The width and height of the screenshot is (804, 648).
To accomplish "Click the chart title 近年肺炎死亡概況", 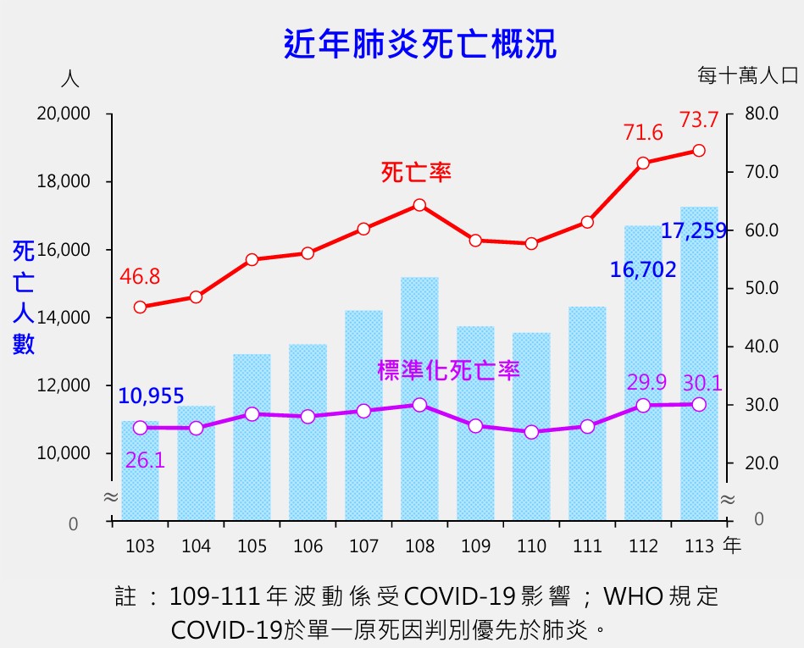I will (419, 44).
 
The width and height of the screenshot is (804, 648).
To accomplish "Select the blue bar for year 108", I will (419, 398).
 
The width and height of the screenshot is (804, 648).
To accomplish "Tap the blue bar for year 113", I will (699, 364).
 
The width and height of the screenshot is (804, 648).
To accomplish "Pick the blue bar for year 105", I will (252, 436).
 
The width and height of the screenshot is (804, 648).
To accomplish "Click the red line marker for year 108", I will (419, 205).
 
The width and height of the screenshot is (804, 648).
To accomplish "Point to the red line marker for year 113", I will (699, 151).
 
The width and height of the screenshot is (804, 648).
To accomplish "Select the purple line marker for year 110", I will (531, 432).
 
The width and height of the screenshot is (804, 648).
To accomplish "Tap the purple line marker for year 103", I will (140, 428).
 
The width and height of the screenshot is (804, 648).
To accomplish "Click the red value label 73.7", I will (699, 120).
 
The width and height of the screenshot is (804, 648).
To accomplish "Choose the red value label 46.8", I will (140, 277).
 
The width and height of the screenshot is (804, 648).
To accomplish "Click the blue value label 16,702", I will (643, 270).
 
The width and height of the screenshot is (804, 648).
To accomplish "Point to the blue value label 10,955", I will (151, 396).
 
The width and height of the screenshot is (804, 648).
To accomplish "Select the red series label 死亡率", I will (416, 173).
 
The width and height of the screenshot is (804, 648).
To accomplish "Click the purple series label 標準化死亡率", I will (448, 370).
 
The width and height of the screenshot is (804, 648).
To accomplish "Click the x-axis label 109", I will (475, 546).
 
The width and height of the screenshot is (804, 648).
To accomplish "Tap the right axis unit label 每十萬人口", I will (748, 75).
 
